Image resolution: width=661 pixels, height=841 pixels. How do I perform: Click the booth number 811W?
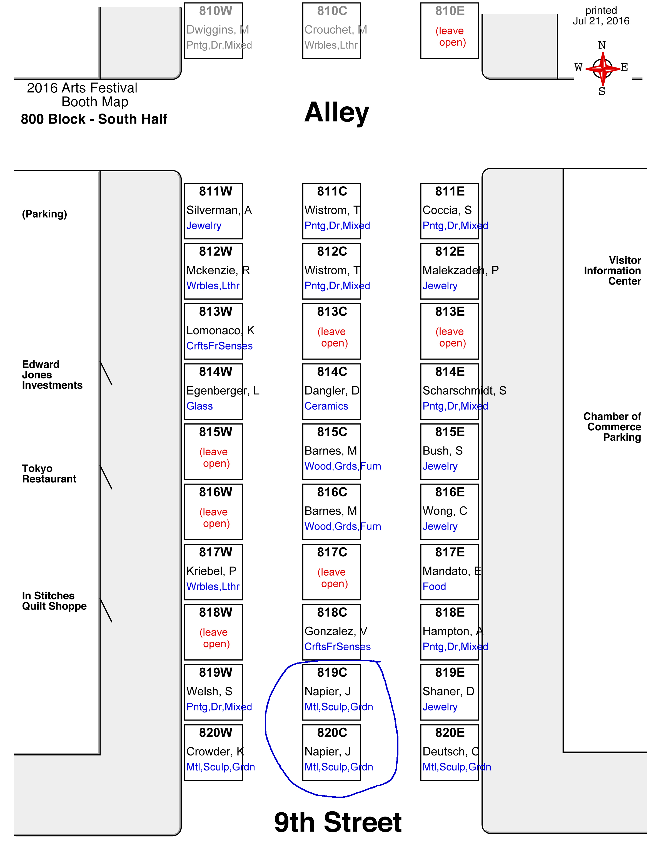216,191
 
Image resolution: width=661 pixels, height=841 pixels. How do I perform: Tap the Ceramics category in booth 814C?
326,406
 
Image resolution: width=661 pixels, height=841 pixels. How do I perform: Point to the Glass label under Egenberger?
200,406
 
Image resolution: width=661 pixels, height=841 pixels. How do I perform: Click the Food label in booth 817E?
434,587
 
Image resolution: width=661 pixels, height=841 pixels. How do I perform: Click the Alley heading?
337,112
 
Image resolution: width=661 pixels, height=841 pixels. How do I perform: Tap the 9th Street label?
338,822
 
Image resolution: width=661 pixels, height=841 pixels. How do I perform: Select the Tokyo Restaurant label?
49,474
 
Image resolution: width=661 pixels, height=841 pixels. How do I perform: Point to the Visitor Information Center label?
613,271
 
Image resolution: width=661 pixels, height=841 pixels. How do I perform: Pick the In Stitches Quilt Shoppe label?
54,601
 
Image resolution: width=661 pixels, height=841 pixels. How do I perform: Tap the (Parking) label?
44,214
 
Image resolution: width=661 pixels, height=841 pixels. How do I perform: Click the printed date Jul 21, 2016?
601,21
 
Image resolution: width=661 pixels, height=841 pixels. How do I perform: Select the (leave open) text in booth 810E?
450,36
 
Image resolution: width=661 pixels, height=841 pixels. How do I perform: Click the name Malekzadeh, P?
461,270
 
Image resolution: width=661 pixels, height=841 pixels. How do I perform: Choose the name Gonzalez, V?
336,631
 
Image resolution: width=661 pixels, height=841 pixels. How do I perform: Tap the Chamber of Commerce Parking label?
612,427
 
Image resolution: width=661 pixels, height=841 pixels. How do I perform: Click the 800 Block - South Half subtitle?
94,119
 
